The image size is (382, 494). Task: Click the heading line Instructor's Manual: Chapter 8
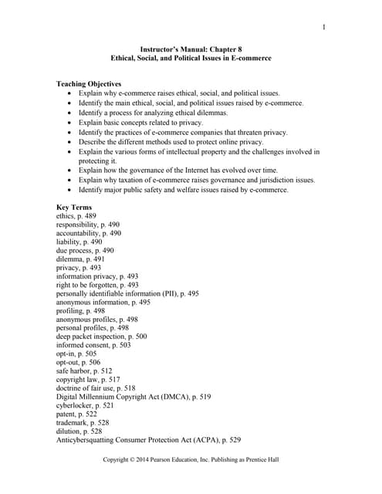click(x=190, y=49)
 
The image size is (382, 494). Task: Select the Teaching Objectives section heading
click(x=89, y=83)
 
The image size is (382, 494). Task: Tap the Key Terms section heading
click(x=76, y=208)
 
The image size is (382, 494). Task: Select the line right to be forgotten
click(x=97, y=285)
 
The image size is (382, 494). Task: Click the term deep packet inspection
click(x=101, y=337)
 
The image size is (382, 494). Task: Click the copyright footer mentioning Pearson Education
click(x=191, y=459)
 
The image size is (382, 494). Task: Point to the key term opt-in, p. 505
click(x=76, y=354)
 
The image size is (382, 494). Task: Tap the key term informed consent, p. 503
click(x=93, y=345)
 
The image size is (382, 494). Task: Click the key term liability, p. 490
click(x=79, y=242)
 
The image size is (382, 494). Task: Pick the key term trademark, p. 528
click(x=83, y=423)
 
